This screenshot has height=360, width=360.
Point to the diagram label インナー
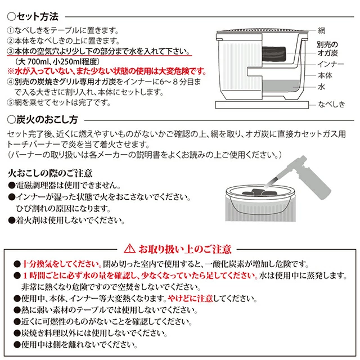tap(330, 65)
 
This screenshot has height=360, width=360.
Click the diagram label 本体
tap(325, 76)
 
